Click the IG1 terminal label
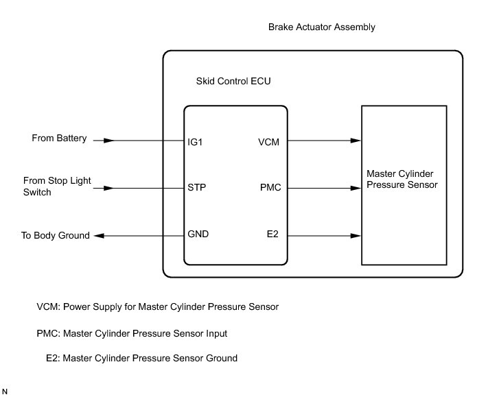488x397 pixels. [x=195, y=142]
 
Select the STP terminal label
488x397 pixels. [x=197, y=187]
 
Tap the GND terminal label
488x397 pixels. [x=198, y=234]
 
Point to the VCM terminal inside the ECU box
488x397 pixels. [x=268, y=142]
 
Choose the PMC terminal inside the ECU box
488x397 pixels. [x=270, y=187]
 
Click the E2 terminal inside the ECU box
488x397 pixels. [x=272, y=234]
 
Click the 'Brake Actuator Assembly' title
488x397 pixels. [x=321, y=27]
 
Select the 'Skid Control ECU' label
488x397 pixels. [x=233, y=81]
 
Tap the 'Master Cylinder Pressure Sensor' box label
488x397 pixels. [x=402, y=179]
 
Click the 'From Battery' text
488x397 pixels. [x=59, y=138]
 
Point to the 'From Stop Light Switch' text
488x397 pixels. [x=57, y=187]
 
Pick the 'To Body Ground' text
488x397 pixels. [x=56, y=235]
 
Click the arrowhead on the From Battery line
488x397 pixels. [x=109, y=141]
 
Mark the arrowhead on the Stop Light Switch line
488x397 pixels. [x=109, y=188]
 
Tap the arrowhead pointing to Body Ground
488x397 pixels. [x=99, y=236]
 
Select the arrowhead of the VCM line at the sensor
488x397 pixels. [x=356, y=141]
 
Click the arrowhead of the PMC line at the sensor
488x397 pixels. [x=356, y=188]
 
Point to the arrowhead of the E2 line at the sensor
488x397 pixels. [x=356, y=236]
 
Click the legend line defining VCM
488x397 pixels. [x=157, y=307]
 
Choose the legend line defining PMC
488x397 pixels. [x=132, y=334]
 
